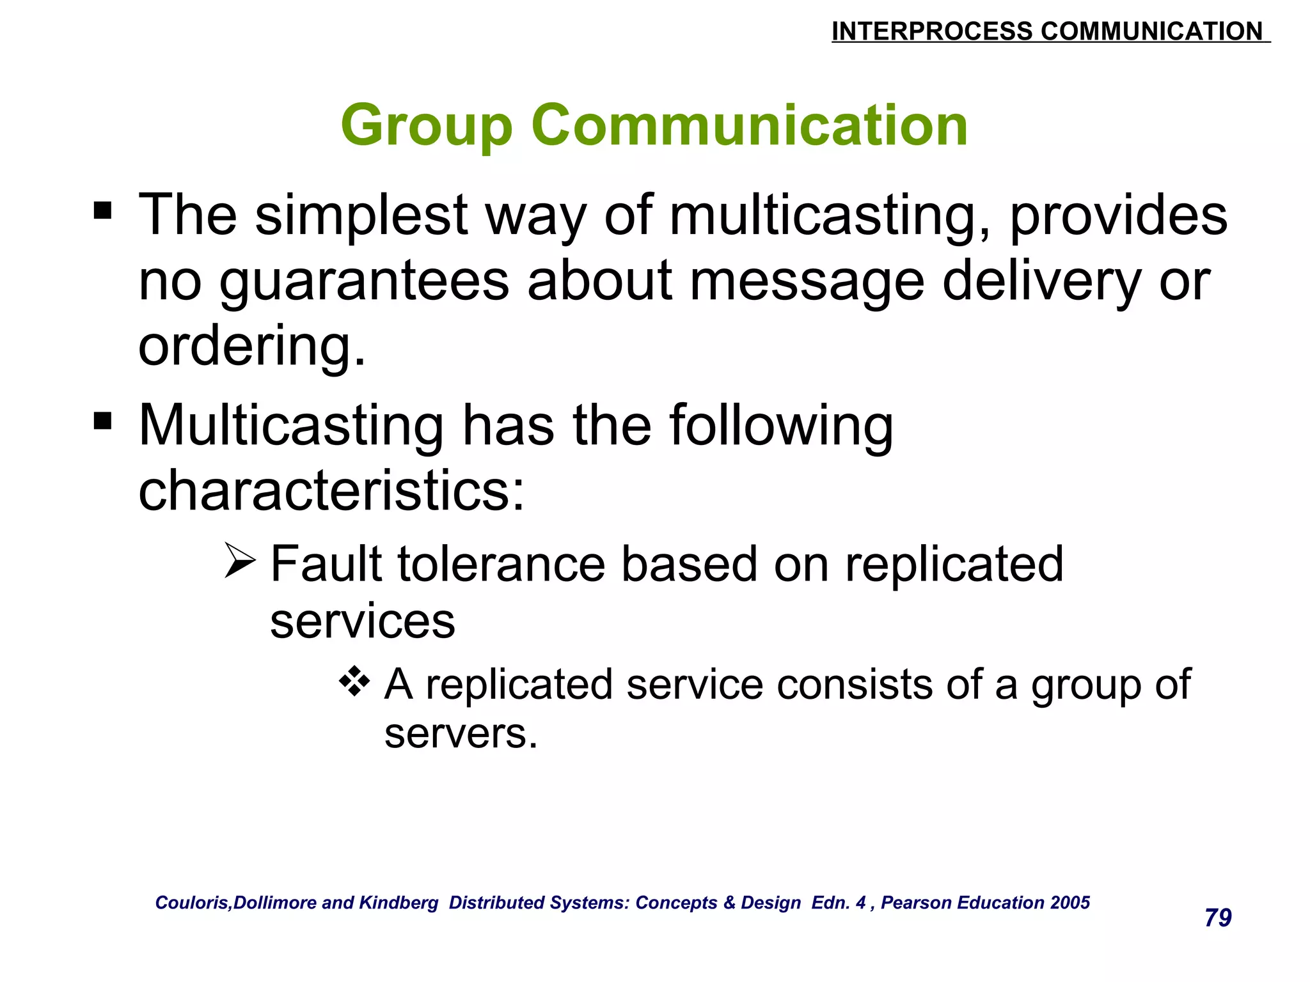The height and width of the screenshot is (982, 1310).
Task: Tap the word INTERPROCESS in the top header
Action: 931,31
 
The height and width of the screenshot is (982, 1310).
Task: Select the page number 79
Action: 1218,917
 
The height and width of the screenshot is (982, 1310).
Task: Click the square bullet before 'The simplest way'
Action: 102,210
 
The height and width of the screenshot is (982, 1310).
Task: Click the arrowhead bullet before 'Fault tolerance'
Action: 240,561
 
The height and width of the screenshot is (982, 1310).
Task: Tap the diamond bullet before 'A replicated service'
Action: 354,682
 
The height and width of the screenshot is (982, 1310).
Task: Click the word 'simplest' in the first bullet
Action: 361,216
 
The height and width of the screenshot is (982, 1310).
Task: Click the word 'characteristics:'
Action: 331,491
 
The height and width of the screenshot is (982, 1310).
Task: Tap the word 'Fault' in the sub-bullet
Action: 326,564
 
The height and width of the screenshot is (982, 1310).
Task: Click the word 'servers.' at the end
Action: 461,734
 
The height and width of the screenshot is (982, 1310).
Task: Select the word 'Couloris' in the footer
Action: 193,903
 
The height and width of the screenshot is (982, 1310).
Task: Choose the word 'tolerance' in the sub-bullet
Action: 501,564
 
